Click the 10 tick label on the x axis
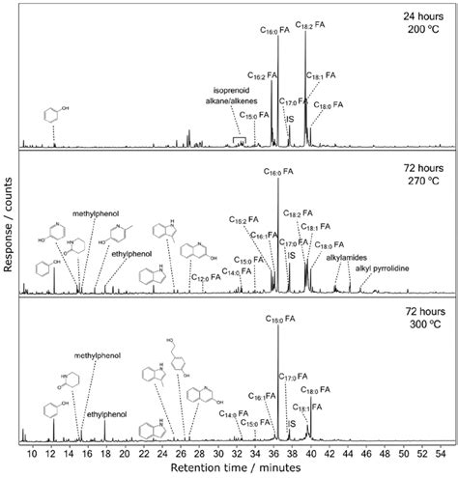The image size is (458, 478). [32, 452]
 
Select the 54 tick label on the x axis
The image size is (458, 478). [440, 452]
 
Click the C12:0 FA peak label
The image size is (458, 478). [206, 278]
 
